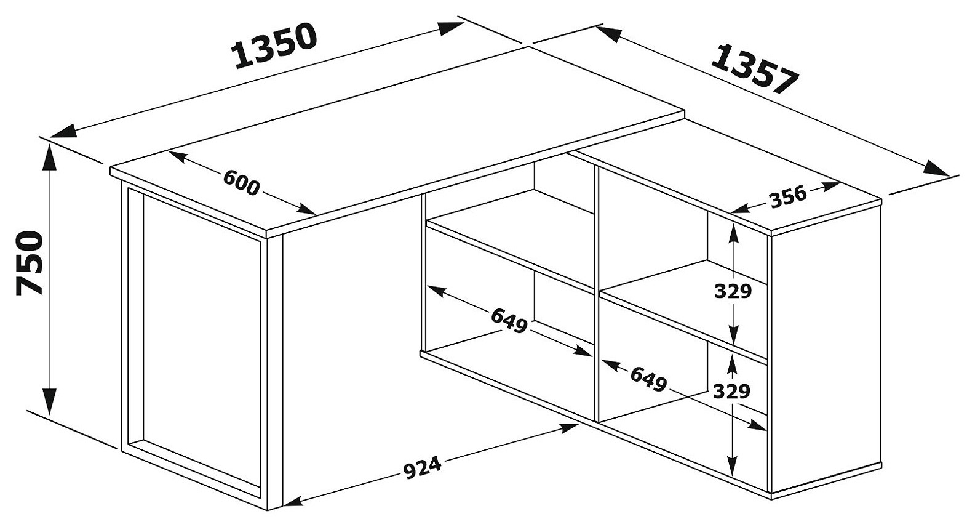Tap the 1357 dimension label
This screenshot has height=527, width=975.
[x=755, y=69]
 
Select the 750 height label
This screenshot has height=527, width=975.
[x=30, y=263]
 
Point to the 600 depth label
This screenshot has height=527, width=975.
[x=241, y=182]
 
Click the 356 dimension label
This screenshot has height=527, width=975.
[x=788, y=197]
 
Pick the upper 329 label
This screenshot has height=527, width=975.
[x=733, y=291]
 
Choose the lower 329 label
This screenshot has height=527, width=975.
[x=732, y=392]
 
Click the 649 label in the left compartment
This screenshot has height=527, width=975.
[x=509, y=321]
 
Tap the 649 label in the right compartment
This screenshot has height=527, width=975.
[x=648, y=379]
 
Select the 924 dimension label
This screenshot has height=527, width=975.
[x=422, y=468]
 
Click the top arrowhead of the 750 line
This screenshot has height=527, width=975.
[x=50, y=158]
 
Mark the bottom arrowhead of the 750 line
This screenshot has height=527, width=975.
[x=50, y=401]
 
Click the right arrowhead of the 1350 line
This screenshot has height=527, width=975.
[x=450, y=28]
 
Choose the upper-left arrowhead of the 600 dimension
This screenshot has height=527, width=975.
[x=178, y=156]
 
